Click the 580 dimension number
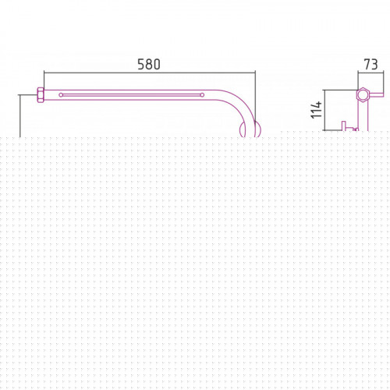pyautogui.click(x=149, y=65)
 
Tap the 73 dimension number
pyautogui.click(x=370, y=65)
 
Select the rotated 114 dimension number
pyautogui.click(x=317, y=110)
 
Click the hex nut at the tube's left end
pyautogui.click(x=41, y=95)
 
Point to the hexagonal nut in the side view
pyautogui.click(x=363, y=94)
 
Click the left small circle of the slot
pyautogui.click(x=61, y=95)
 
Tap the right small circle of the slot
pyautogui.click(x=202, y=95)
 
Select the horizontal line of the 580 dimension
pyautogui.click(x=150, y=73)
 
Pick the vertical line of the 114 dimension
pyautogui.click(x=325, y=110)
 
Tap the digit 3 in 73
pyautogui.click(x=374, y=65)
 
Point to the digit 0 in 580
pyautogui.click(x=157, y=65)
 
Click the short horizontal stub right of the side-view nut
pyautogui.click(x=377, y=94)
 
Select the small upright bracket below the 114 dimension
pyautogui.click(x=343, y=126)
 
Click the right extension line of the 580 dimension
pyautogui.click(x=255, y=103)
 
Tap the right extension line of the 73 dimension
pyautogui.click(x=384, y=81)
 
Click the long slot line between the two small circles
pyautogui.click(x=132, y=95)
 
